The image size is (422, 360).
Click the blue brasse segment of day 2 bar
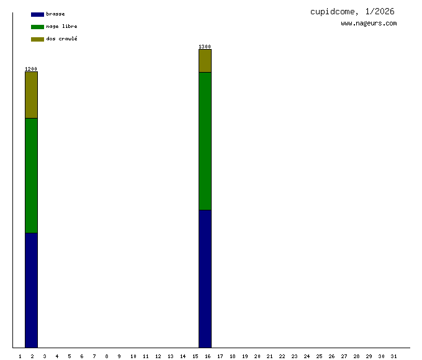click(31, 290)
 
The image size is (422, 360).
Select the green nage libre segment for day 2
click(31, 175)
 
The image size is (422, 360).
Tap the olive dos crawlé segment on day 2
click(31, 95)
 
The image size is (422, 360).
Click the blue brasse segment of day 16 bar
click(205, 279)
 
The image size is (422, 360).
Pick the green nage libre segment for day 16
click(205, 141)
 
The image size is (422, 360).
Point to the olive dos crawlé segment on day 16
click(205, 61)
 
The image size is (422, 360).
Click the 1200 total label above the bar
click(31, 69)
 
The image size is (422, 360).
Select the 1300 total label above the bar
click(205, 47)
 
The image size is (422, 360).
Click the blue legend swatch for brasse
click(37, 14)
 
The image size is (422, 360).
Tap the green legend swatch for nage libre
click(37, 27)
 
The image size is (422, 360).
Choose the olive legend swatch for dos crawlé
click(37, 39)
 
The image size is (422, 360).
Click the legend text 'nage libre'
click(61, 27)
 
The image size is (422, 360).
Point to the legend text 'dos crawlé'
click(61, 39)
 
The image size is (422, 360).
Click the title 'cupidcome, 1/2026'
click(352, 12)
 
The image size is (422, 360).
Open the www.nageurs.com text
click(369, 24)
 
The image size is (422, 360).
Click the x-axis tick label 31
click(393, 356)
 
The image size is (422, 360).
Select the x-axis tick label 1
click(20, 356)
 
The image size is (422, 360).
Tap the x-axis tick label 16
click(207, 356)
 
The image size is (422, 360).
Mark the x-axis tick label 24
click(307, 356)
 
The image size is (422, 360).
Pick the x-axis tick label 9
click(119, 356)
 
